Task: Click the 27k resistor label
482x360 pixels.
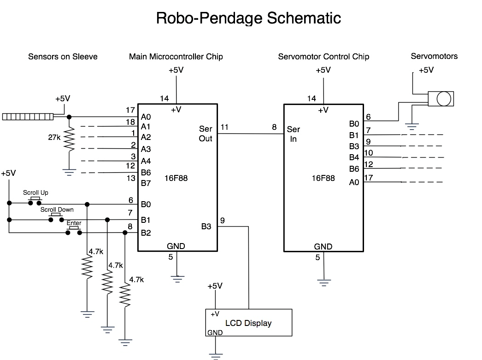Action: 54,137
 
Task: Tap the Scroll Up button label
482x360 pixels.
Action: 35,192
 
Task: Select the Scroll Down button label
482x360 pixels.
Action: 57,209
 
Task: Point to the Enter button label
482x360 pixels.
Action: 74,223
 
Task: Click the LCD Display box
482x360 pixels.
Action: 248,323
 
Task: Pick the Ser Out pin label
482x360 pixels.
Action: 206,134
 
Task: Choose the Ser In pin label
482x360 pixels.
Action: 294,134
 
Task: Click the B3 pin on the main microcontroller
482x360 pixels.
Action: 206,226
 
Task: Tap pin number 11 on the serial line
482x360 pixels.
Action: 224,127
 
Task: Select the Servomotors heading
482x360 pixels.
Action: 434,56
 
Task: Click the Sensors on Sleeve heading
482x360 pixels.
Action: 63,57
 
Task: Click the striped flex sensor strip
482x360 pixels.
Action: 28,116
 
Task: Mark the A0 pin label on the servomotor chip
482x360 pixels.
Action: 354,182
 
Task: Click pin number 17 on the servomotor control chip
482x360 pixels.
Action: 369,177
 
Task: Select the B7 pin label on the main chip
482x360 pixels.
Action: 146,183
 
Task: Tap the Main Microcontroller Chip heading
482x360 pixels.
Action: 176,57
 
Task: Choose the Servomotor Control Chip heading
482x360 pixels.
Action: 323,57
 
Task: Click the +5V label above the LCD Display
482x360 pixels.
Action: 215,286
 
